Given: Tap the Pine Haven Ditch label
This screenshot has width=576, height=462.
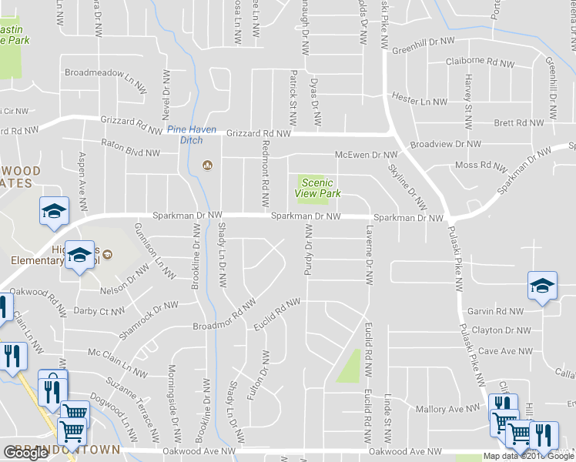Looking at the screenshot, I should pos(192,135).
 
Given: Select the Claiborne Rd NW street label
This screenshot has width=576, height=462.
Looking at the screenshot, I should pos(480,63).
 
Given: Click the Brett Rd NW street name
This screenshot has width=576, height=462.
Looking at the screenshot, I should pos(519,122).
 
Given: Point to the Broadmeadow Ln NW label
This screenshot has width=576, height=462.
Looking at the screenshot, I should pos(105,73).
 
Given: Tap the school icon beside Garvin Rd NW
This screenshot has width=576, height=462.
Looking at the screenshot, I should pos(542,286).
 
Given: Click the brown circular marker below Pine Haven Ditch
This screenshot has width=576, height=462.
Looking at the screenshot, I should pos(206,165).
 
